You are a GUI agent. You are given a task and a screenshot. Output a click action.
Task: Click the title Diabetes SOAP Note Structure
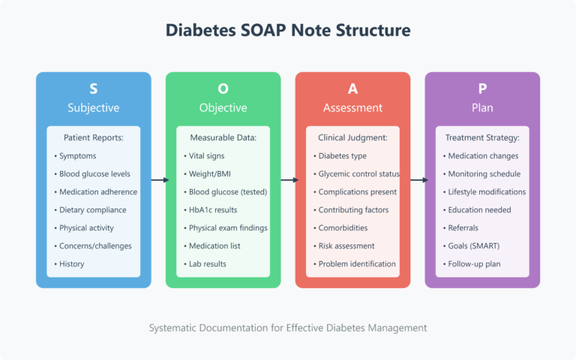tap(288, 31)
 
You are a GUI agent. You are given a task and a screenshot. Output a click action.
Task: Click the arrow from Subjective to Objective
tap(158, 180)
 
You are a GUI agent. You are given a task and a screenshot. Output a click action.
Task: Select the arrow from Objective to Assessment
tap(288, 180)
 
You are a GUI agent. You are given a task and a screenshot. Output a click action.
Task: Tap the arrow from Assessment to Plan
tap(418, 180)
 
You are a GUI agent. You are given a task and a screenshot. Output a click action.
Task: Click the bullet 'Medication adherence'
tap(94, 192)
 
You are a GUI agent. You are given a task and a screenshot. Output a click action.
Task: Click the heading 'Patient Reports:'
tap(93, 138)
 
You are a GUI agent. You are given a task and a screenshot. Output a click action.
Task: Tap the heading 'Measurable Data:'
tap(223, 138)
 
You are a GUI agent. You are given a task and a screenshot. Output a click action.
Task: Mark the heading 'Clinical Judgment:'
tap(352, 138)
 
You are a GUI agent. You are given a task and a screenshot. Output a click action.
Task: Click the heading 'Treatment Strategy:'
tap(482, 138)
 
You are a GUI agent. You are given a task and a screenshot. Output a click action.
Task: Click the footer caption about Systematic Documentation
tap(288, 328)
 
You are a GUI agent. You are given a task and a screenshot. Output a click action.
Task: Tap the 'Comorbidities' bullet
tap(345, 228)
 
